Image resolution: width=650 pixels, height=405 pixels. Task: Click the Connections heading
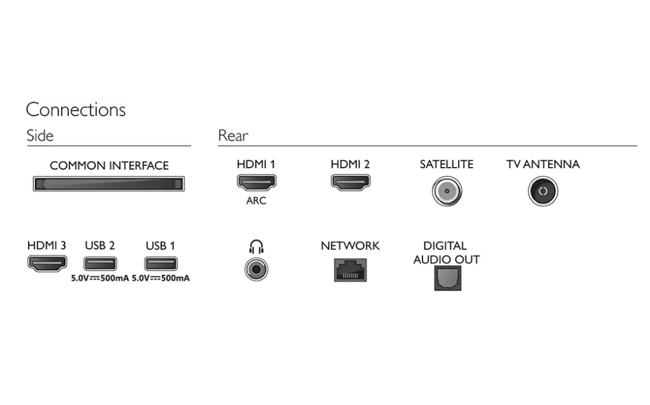75,110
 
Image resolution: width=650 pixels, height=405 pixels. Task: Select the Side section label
40,136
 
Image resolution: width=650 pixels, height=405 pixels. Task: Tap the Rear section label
233,136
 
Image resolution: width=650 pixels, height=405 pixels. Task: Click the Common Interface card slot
109,183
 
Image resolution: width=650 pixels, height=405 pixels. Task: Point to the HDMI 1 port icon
257,182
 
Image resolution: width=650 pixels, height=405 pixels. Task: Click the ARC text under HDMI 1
256,201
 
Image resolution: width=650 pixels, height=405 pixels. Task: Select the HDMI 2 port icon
351,182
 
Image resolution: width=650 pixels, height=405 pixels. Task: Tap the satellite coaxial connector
447,191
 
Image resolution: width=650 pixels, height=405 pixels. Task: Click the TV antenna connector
543,191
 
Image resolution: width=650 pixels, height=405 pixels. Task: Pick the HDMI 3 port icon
47,263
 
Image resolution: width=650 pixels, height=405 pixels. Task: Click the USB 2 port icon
100,264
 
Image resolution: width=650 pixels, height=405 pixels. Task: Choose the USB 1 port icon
161,264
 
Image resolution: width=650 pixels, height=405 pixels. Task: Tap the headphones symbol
256,246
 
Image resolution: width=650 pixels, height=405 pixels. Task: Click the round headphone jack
256,269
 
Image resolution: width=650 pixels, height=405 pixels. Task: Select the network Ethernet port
350,270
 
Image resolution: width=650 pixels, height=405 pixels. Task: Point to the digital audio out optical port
448,278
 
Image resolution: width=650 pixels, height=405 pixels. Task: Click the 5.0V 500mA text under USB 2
100,278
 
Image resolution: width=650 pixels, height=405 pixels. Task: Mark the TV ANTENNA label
543,164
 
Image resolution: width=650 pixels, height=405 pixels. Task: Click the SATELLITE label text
447,164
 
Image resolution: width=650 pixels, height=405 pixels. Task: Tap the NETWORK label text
350,246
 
